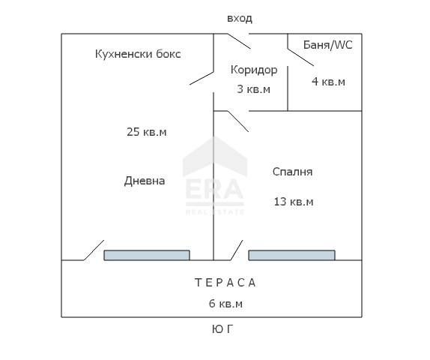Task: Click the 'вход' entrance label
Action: coord(240,19)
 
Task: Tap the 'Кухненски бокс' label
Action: coord(138,54)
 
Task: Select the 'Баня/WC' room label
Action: coord(327,45)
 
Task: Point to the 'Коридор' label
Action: coord(254,70)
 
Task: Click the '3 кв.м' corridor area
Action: coord(254,89)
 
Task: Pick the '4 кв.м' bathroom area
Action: coord(329,82)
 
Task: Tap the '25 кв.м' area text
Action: coord(147,132)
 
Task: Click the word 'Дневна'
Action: coord(145,181)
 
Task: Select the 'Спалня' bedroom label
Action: coord(293,172)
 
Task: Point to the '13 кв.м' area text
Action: coord(294,202)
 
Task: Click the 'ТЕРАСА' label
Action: coord(225,283)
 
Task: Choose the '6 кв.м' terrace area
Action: coord(226,304)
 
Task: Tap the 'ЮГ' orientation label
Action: coord(222,329)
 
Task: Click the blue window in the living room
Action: coord(147,255)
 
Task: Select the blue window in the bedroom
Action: coord(292,255)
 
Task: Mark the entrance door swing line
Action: coord(238,41)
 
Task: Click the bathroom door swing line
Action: coord(300,58)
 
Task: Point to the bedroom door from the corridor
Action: coord(237,121)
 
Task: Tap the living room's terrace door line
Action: coord(94,250)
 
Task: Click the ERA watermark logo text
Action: coord(214,190)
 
